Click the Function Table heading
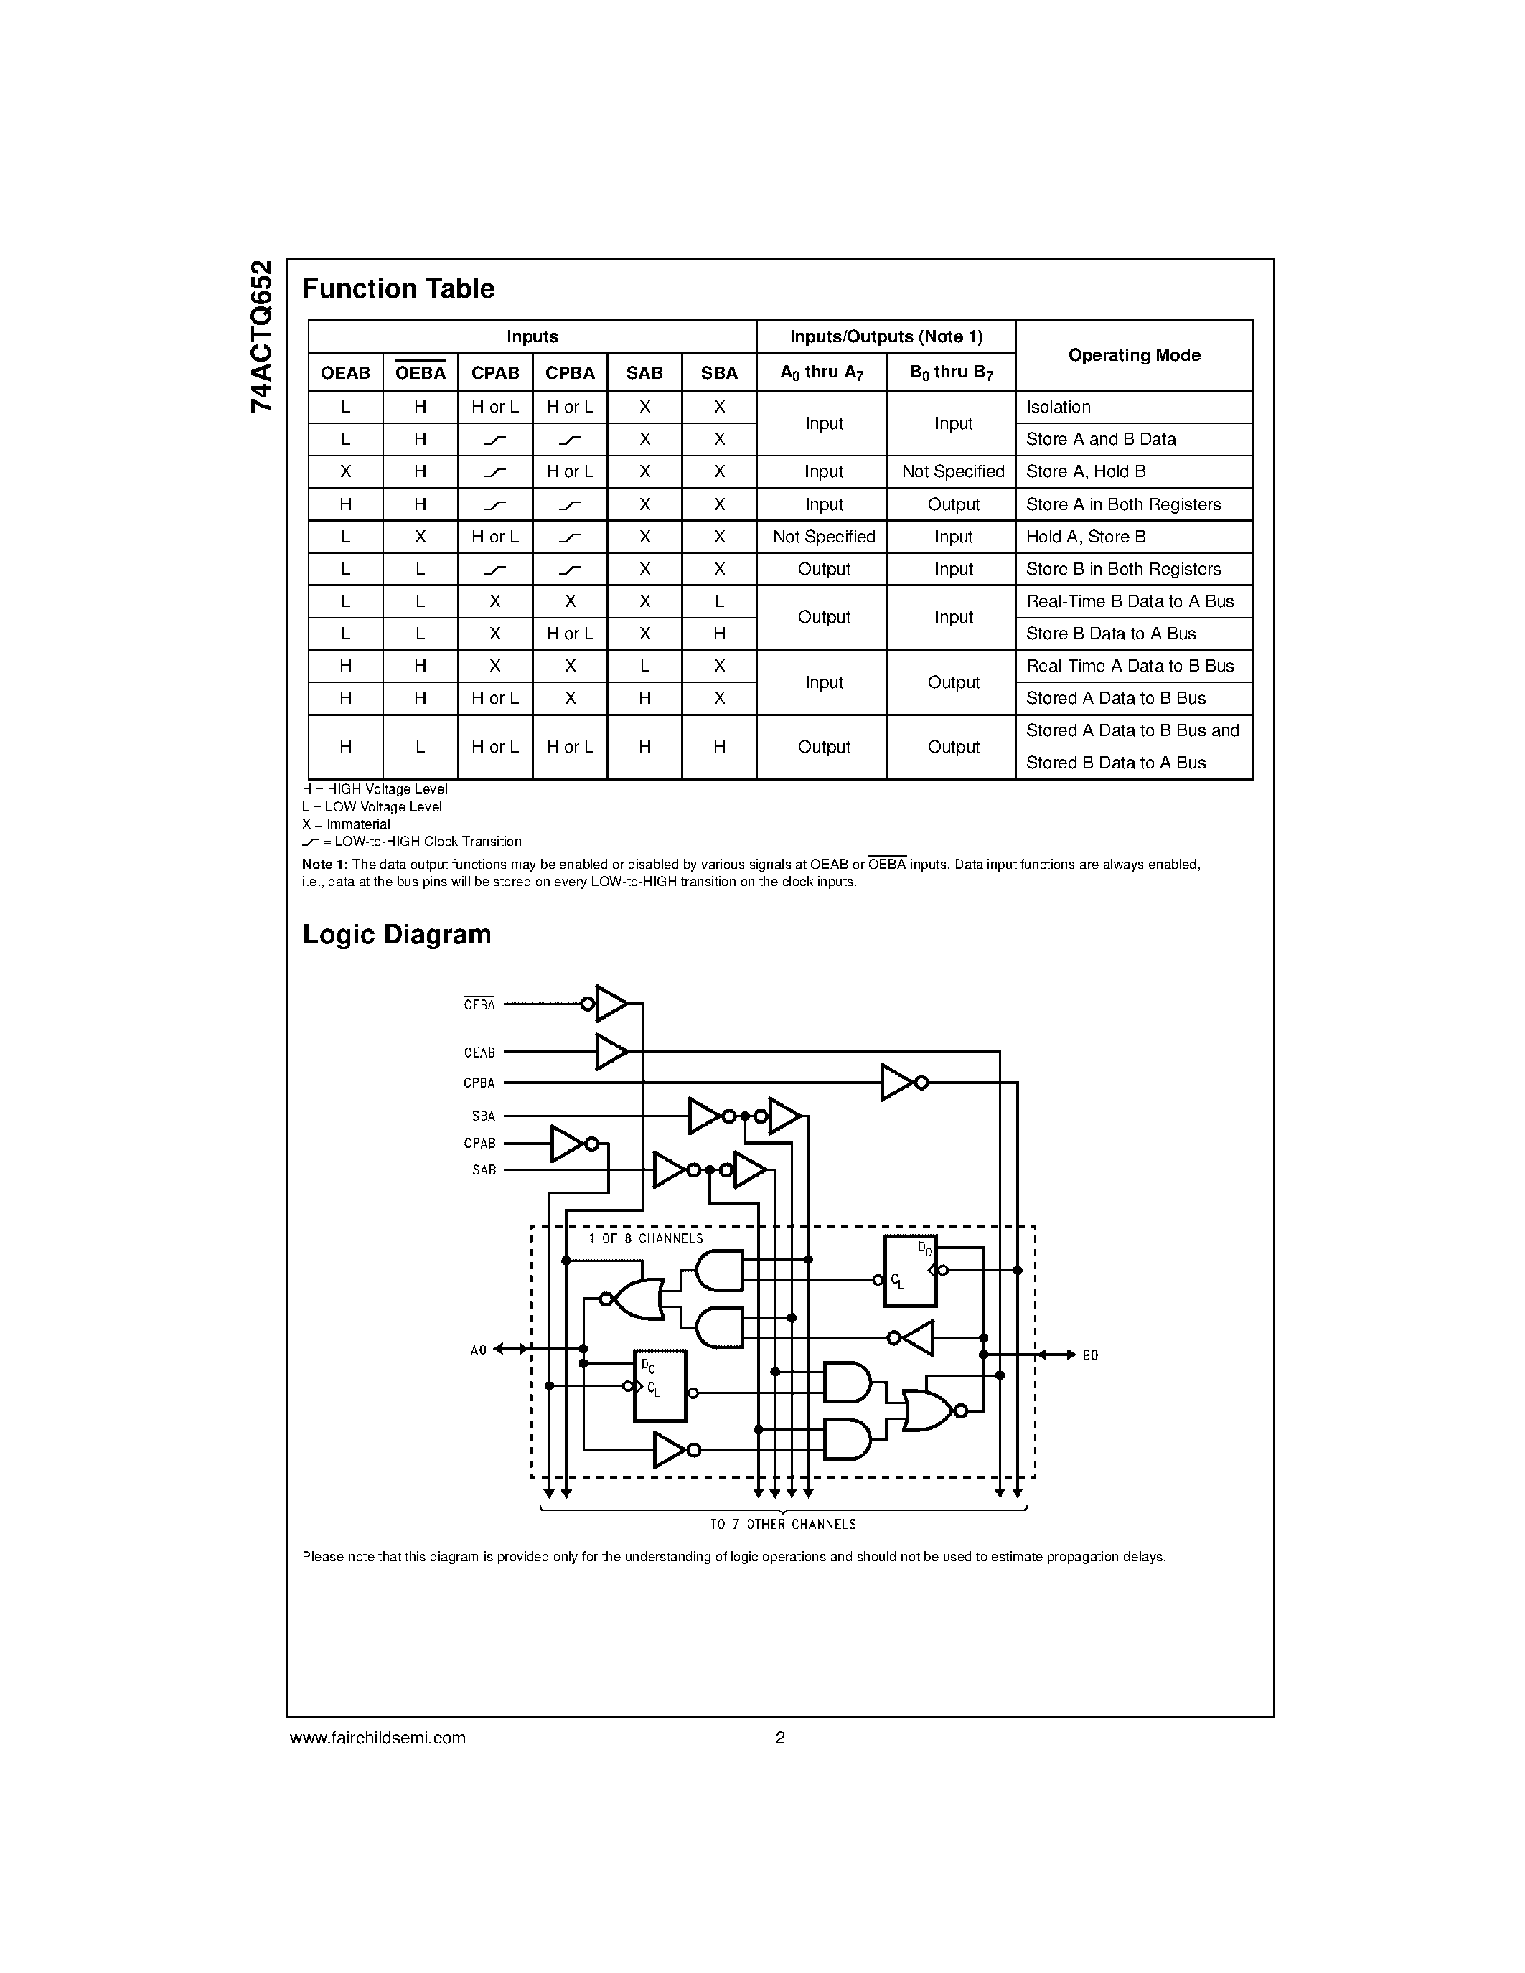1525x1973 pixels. [x=398, y=289]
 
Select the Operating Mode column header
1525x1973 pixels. [x=1134, y=355]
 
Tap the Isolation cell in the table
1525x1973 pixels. [x=1058, y=408]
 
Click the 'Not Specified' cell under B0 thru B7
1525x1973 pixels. [x=953, y=471]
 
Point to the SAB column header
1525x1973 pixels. [x=644, y=373]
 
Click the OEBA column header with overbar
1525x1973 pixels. [x=420, y=372]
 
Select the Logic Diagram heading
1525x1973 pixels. [x=397, y=934]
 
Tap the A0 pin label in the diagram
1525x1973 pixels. [x=479, y=1350]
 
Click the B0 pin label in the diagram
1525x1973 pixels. [x=1090, y=1355]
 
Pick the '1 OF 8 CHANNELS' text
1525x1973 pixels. [x=645, y=1238]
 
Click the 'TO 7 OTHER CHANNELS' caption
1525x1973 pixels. [x=782, y=1525]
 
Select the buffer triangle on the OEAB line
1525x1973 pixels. [x=611, y=1052]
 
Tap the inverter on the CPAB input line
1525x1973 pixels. [x=568, y=1144]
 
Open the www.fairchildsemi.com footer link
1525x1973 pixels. [x=377, y=1737]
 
